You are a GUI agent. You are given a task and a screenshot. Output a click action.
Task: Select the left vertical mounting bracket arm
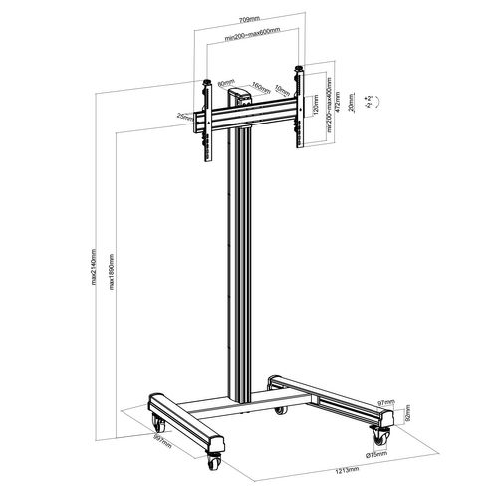(x=209, y=115)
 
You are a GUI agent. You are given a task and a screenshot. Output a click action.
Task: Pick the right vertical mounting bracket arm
(x=298, y=110)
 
